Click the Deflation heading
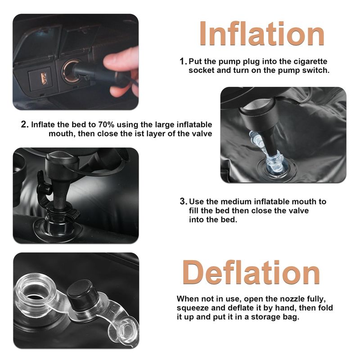pos(251,272)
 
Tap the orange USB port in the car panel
pos(44,78)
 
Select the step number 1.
pos(183,62)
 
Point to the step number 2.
pos(25,125)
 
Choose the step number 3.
pos(184,202)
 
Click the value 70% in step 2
pos(106,125)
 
